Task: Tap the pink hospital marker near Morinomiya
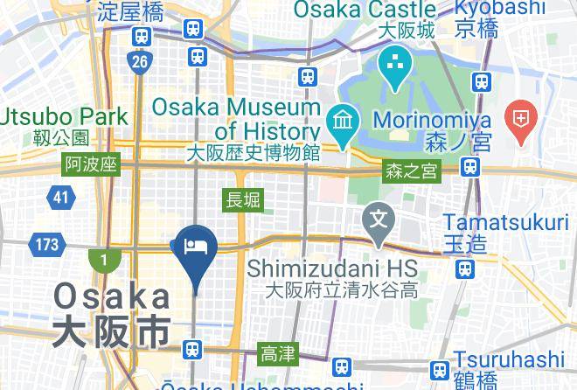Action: (522, 122)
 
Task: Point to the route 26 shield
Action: (139, 61)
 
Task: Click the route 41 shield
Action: (60, 198)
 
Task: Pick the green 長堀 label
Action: (243, 200)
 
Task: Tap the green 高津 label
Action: (278, 354)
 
